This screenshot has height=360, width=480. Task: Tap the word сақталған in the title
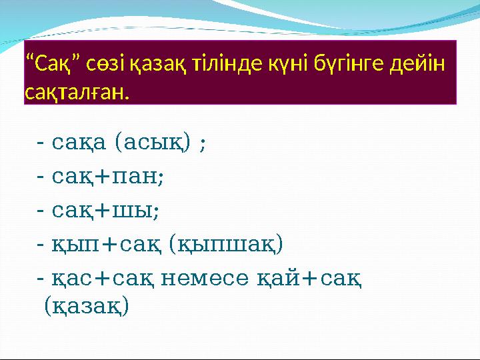pyautogui.click(x=76, y=93)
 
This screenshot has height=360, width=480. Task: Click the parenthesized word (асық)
pyautogui.click(x=152, y=142)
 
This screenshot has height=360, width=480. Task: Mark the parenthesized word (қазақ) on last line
pyautogui.click(x=86, y=307)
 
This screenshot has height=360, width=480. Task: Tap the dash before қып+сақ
pyautogui.click(x=41, y=244)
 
